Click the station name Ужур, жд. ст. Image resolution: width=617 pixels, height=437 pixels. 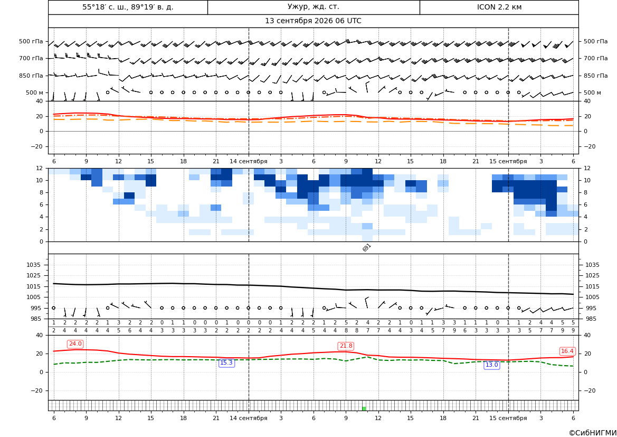313,7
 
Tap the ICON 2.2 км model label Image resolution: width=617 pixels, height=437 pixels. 499,7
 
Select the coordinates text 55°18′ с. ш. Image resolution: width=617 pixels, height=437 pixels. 105,7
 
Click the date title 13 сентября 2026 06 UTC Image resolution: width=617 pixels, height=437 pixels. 313,21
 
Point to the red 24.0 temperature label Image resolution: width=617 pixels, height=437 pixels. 75,344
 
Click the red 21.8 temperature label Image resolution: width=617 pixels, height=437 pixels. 346,346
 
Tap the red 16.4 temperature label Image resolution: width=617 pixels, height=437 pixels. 567,351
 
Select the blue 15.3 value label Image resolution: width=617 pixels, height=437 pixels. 226,363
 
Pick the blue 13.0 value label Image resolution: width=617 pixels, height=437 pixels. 491,365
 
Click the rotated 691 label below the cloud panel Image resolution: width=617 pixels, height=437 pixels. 366,247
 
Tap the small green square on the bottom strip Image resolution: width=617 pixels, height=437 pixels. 364,408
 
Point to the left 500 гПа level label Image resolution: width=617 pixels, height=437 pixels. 31,41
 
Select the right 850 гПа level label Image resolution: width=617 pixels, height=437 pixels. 596,76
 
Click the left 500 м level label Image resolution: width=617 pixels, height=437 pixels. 35,92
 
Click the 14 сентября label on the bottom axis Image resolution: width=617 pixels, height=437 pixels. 248,418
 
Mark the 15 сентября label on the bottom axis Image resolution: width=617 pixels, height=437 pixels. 508,418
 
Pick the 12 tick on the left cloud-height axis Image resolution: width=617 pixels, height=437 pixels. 40,168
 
